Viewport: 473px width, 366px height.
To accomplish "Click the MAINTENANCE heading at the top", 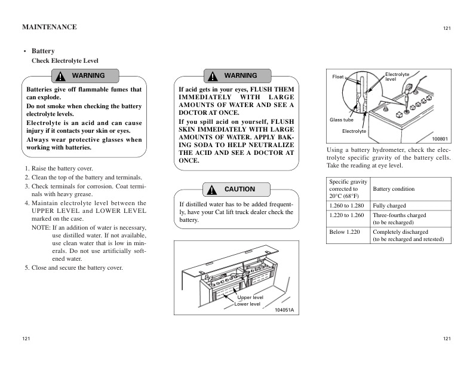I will pyautogui.click(x=49, y=27).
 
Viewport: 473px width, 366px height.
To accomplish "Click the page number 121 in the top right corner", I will pyautogui.click(x=447, y=29).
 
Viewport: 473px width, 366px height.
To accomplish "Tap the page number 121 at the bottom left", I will pyautogui.click(x=26, y=339).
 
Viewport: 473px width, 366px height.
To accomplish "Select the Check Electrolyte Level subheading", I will pyautogui.click(x=64, y=61).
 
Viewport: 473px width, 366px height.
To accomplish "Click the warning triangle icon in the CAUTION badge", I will pyautogui.click(x=212, y=190).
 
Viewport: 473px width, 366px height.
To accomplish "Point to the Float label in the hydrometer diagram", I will pyautogui.click(x=338, y=77).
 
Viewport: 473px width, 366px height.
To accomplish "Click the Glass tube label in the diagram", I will pyautogui.click(x=342, y=120).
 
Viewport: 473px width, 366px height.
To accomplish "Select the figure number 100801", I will pyautogui.click(x=440, y=138).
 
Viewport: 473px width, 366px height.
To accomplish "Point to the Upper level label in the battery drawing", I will pyautogui.click(x=250, y=297).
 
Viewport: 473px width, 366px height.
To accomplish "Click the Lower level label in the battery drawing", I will pyautogui.click(x=247, y=304).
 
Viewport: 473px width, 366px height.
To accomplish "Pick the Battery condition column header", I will pyautogui.click(x=394, y=189).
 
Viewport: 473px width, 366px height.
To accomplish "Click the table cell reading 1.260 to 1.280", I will pyautogui.click(x=346, y=206).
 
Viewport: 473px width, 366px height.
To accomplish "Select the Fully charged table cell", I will pyautogui.click(x=389, y=206).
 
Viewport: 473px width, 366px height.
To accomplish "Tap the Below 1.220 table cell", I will pyautogui.click(x=344, y=231).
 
